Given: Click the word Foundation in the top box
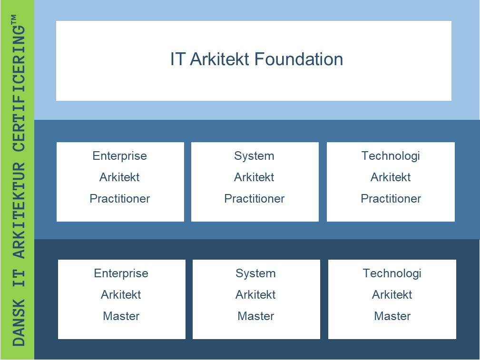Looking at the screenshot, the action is point(298,59).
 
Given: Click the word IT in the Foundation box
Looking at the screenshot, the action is point(177,59).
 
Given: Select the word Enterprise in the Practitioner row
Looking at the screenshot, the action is point(120,156).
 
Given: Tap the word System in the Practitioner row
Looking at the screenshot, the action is point(254,156).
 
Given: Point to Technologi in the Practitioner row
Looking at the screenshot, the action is point(391,156).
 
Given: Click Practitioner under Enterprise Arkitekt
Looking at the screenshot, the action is point(120,199).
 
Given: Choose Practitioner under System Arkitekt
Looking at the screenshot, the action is point(255,199).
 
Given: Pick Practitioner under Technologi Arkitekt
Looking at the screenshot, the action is point(391,199).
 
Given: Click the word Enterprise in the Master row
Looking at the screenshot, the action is point(121,273).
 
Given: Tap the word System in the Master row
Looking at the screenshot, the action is point(255,273).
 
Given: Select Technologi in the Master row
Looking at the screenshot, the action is point(392,273).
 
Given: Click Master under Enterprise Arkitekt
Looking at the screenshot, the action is point(121,316).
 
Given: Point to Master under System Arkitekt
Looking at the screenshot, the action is point(256,316).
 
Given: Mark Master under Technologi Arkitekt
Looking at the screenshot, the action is point(392,316).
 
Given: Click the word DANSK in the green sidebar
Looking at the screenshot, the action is point(19,322).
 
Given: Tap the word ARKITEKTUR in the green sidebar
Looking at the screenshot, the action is point(19,211).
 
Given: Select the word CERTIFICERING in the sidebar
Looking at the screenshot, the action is point(19,88).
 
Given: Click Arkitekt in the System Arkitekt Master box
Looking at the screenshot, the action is point(255,295).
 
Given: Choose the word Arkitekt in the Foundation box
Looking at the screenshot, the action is point(219,59).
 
